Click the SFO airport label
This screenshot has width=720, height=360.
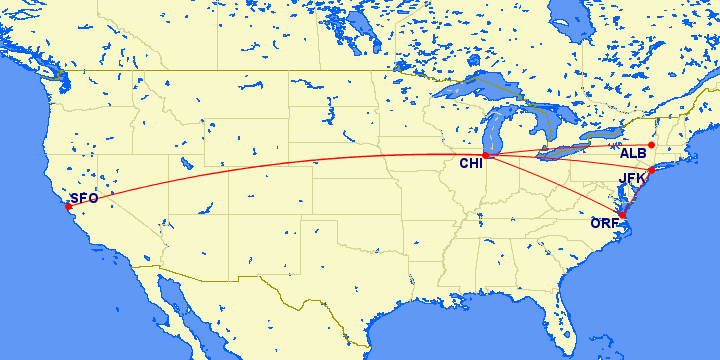click(84, 198)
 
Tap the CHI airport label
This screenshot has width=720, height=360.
click(471, 164)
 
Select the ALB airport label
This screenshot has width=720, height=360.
click(633, 153)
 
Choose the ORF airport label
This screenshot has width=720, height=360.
click(604, 223)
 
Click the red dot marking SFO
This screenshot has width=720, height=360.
click(68, 206)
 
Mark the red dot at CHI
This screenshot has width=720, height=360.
click(486, 155)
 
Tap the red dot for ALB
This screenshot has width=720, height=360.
click(651, 145)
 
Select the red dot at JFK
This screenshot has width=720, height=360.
click(651, 171)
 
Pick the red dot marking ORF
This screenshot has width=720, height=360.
click(621, 215)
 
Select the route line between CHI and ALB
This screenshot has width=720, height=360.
click(570, 149)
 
